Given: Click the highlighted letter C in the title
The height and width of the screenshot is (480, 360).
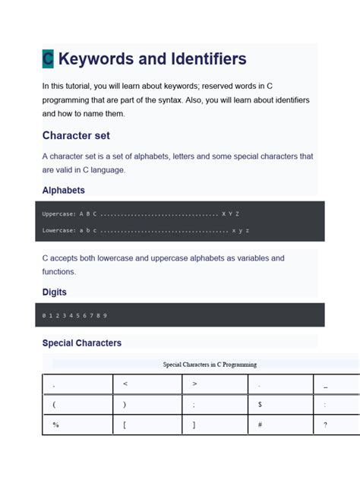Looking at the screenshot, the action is point(48,59).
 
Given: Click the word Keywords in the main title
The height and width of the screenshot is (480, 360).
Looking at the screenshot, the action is point(98,58).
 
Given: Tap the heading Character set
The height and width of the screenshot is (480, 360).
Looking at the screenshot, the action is point(76,135).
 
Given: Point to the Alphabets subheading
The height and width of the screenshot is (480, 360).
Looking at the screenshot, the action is point(64,190).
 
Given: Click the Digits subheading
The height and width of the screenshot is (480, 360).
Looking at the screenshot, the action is point(55,292).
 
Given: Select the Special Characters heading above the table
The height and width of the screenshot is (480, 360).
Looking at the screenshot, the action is point(82,343).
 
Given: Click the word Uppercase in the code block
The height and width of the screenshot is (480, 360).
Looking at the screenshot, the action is point(58,213).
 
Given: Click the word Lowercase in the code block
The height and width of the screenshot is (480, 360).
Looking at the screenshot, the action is point(58,230).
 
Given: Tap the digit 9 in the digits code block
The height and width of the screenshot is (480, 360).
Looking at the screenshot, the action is point(104,315).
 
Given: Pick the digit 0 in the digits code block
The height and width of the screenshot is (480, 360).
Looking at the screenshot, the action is point(45,315).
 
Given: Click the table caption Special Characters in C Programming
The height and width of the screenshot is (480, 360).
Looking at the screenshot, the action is point(210,365).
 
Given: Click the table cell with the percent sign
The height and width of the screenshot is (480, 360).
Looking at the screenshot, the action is point(77,425).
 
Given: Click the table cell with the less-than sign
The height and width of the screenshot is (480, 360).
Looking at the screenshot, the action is point(147,384).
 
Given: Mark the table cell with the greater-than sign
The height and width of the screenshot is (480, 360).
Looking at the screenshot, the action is point(215,384).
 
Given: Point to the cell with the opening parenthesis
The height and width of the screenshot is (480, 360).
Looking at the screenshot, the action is point(77,405).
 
